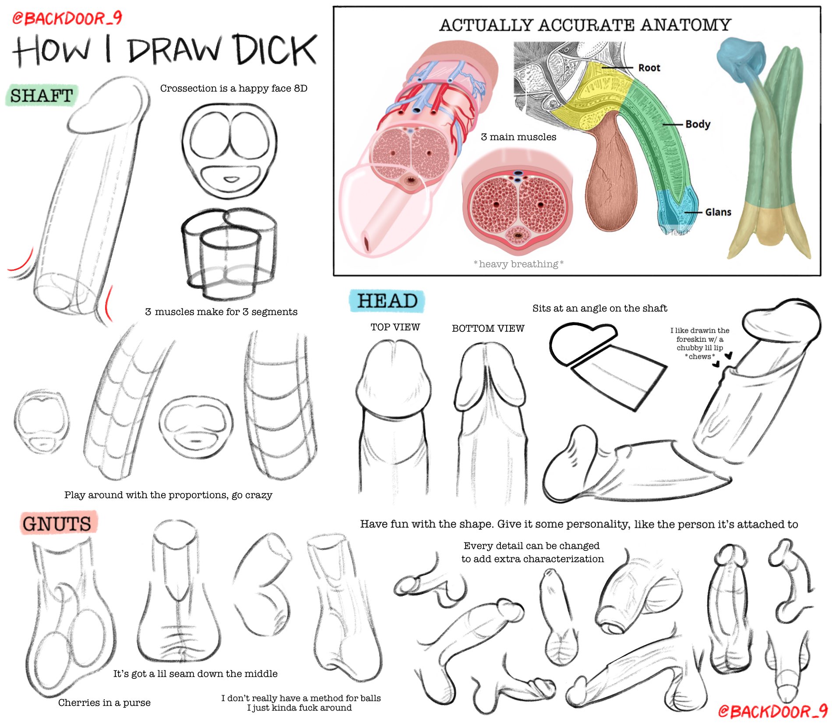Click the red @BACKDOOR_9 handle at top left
(x=67, y=18)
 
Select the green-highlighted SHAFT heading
(x=42, y=96)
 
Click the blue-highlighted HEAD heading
(x=387, y=301)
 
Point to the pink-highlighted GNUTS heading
(x=57, y=523)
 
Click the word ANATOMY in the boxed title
(x=686, y=25)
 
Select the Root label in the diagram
(x=649, y=68)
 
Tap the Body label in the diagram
(x=698, y=124)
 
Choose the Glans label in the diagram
(x=718, y=212)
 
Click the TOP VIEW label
(x=395, y=327)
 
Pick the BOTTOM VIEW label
(x=488, y=328)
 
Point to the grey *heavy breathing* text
(x=518, y=264)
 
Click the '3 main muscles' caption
(x=518, y=137)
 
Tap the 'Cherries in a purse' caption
(x=104, y=702)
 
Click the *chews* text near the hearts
(x=700, y=356)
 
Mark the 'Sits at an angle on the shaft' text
(x=600, y=308)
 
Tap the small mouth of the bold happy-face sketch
(x=231, y=180)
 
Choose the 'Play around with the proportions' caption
(x=168, y=495)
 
